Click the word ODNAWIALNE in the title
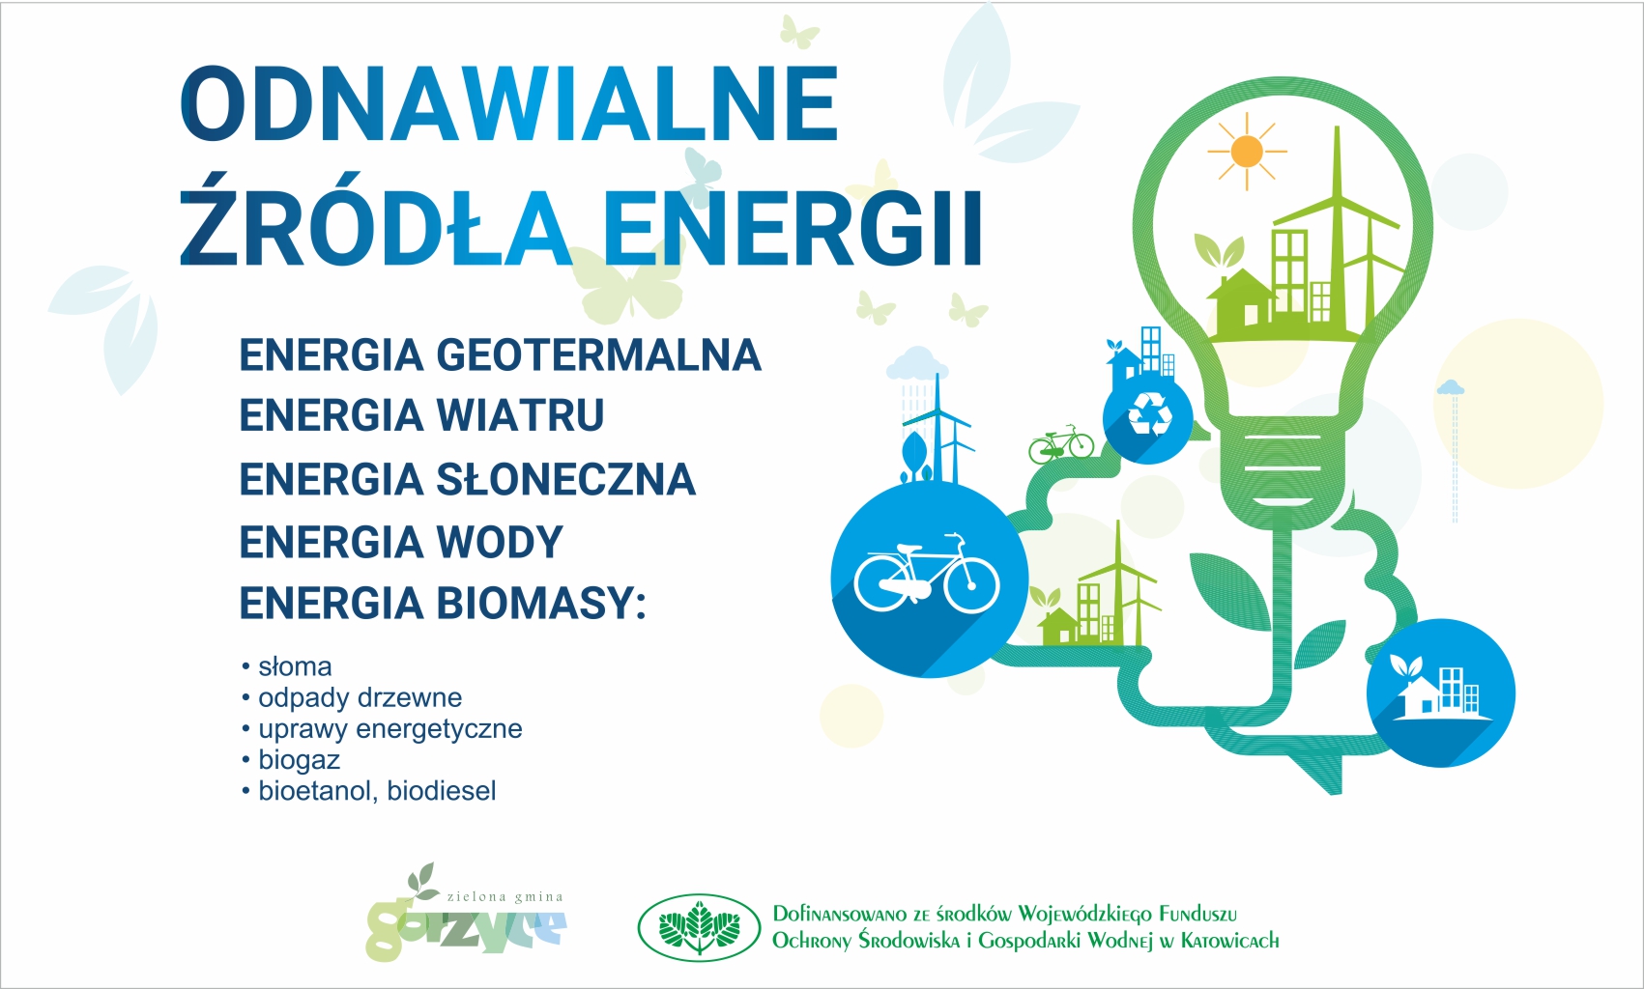[508, 103]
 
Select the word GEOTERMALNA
[599, 355]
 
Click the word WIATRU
[520, 415]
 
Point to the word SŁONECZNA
[565, 479]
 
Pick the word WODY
[500, 542]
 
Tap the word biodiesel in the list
[441, 791]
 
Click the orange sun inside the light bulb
[1247, 152]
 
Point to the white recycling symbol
[1149, 415]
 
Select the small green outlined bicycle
[1061, 444]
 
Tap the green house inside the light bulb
[1241, 300]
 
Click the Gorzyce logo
[466, 913]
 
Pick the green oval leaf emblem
[699, 927]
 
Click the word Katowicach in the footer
[1230, 941]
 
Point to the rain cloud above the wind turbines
[916, 363]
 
